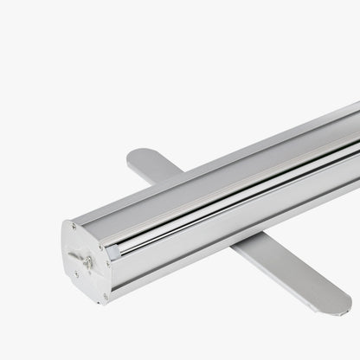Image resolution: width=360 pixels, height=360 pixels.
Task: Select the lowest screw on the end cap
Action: coord(106,297)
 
